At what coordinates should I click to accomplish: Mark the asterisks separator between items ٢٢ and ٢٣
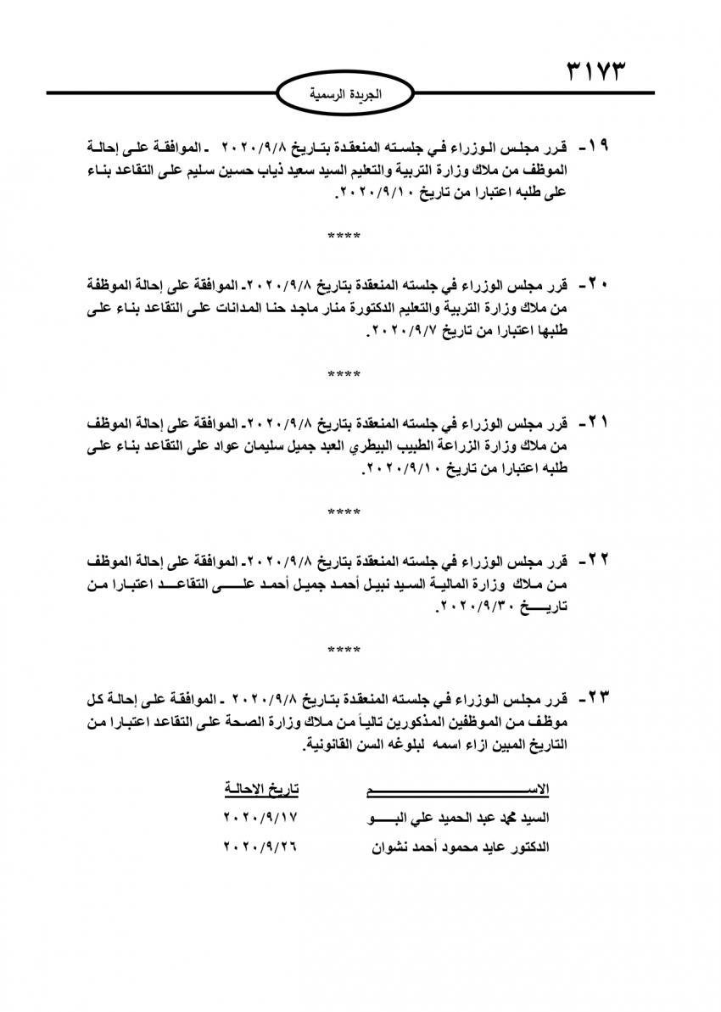344,650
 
